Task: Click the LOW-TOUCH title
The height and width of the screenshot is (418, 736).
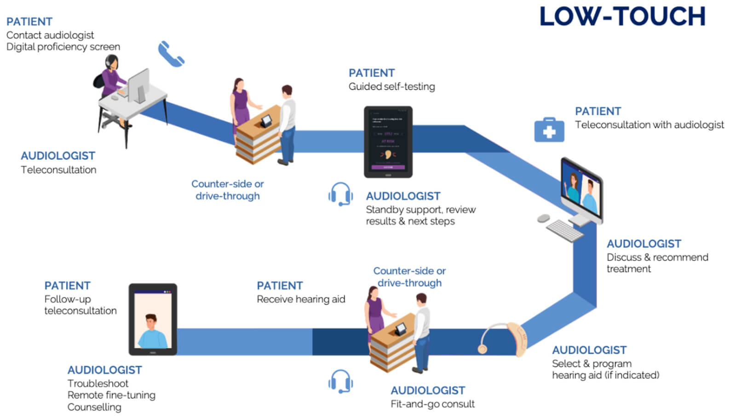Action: tap(622, 17)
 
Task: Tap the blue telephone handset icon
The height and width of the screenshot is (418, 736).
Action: tap(171, 54)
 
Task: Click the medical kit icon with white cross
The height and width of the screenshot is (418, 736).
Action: tap(549, 130)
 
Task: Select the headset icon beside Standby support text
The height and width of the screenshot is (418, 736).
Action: tap(340, 195)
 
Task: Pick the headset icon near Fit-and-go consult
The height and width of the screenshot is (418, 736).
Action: tap(340, 381)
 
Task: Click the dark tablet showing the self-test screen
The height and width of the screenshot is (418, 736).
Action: tap(388, 142)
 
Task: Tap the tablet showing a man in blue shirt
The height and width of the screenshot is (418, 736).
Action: tap(153, 320)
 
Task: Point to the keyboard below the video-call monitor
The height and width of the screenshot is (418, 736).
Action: tap(564, 230)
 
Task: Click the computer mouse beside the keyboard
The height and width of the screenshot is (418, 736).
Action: tap(543, 218)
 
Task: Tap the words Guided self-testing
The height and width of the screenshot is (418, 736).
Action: tap(391, 86)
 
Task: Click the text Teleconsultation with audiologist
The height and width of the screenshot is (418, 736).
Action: tap(649, 125)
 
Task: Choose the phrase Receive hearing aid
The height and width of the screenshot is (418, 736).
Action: tap(301, 299)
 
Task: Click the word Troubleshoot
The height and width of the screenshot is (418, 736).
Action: tap(98, 384)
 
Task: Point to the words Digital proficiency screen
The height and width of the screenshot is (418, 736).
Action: tap(63, 47)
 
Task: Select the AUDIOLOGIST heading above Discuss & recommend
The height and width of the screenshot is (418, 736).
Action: tap(644, 244)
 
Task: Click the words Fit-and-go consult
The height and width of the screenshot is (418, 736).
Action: tap(432, 404)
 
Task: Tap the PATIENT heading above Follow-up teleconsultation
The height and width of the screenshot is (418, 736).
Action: tap(67, 286)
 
